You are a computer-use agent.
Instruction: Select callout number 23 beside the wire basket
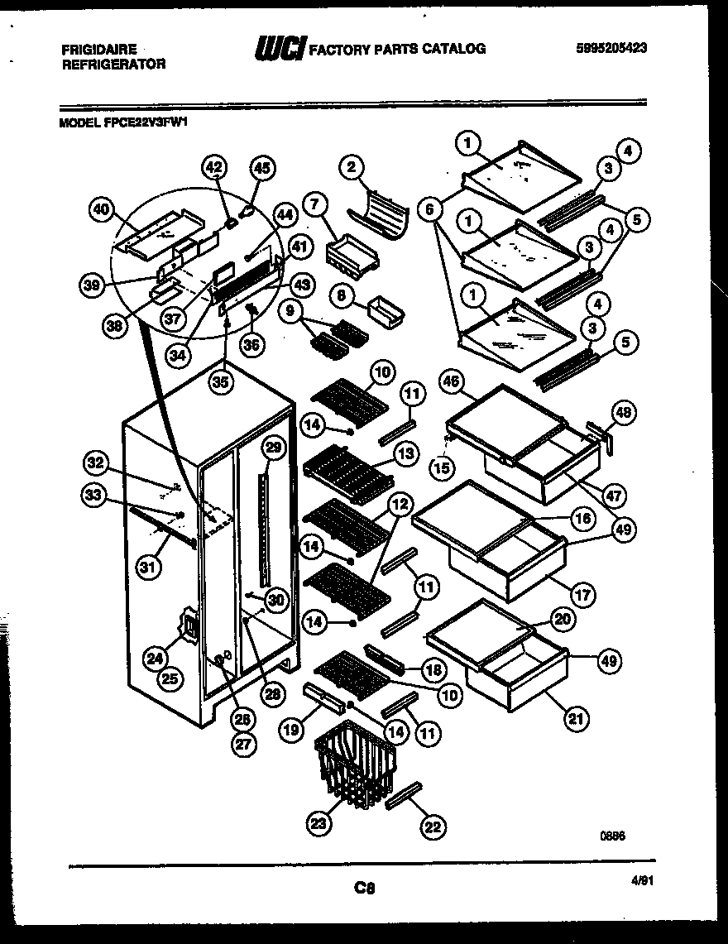(x=319, y=822)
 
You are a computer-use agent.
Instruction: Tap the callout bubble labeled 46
(x=451, y=383)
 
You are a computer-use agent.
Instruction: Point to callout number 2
(x=351, y=168)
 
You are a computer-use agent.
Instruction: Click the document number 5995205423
(x=611, y=48)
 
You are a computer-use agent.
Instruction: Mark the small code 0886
(x=613, y=836)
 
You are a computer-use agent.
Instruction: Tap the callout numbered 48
(x=625, y=411)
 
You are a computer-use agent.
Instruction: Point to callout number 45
(x=261, y=168)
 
